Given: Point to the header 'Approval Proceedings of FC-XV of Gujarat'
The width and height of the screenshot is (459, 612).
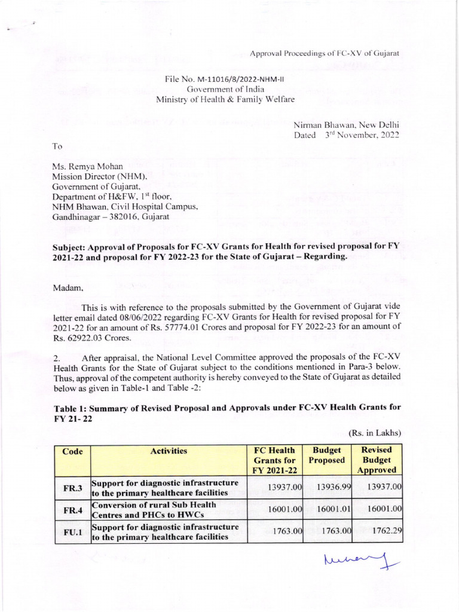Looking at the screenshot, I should (324, 54).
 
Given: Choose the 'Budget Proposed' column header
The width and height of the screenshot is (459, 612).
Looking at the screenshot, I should (327, 455).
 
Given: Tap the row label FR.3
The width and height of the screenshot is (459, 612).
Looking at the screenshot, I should (72, 488).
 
